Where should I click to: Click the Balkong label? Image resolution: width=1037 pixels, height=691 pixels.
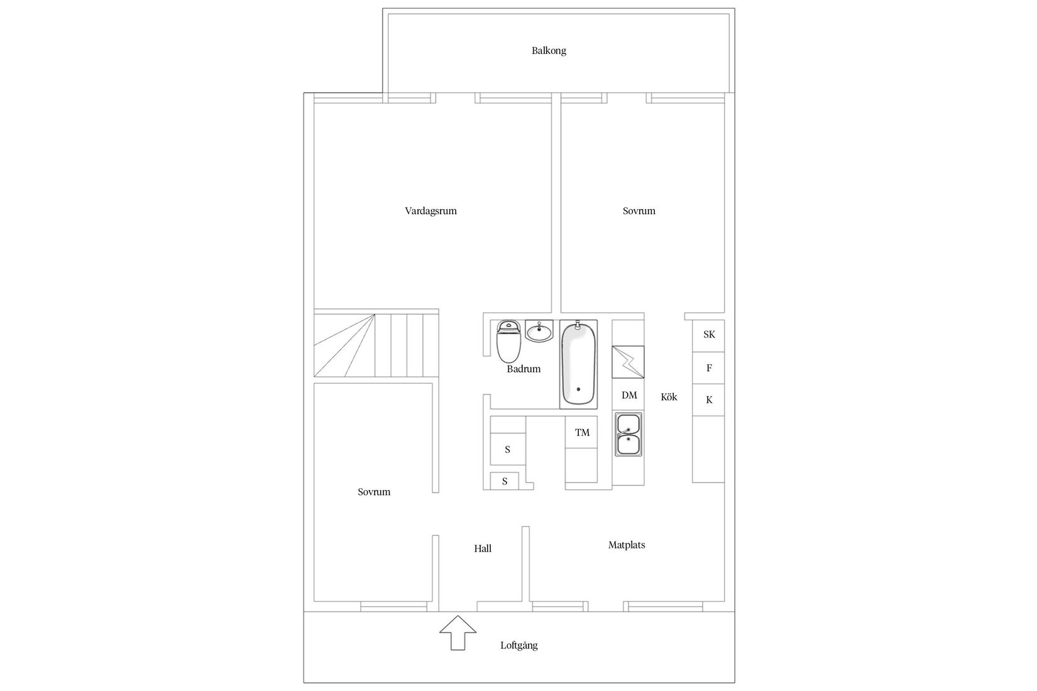point(549,51)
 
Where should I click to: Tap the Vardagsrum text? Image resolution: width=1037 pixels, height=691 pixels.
point(431,211)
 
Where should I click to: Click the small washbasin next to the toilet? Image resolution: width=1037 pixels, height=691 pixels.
point(539,330)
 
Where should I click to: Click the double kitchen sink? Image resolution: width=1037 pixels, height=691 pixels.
point(628,434)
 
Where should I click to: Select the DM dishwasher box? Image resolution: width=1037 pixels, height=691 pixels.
point(629,395)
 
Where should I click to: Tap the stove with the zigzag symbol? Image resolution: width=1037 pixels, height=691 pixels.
point(628,362)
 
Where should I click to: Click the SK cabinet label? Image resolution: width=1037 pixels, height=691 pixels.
point(709,335)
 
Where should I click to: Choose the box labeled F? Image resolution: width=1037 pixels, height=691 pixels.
point(709,368)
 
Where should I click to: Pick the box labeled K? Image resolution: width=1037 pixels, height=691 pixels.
point(709,400)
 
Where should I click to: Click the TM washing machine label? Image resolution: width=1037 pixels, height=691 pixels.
point(582,433)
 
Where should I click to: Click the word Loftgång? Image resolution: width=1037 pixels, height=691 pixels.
point(519,645)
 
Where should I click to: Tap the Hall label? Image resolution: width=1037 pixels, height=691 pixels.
point(483,548)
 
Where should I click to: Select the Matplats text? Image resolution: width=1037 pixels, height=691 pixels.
point(627,545)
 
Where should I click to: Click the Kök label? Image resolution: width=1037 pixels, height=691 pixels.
point(669,397)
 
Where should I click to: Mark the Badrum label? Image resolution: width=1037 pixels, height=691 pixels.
point(524,369)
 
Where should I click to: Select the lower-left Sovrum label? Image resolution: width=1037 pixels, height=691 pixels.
point(374,492)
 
